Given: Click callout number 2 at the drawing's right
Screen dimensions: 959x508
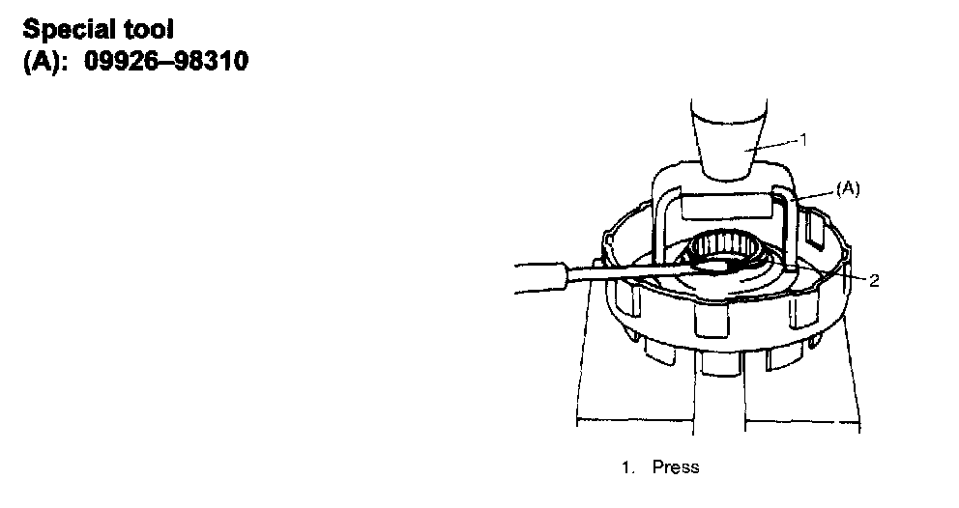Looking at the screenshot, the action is (873, 281).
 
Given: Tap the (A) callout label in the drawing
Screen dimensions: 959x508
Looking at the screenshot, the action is (846, 190).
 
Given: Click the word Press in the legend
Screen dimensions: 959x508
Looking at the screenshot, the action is (676, 467).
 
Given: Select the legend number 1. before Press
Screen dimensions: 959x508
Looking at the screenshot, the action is (628, 467).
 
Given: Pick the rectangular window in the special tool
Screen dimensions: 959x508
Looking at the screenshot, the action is (727, 205).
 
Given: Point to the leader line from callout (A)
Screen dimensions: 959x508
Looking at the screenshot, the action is (817, 195).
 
